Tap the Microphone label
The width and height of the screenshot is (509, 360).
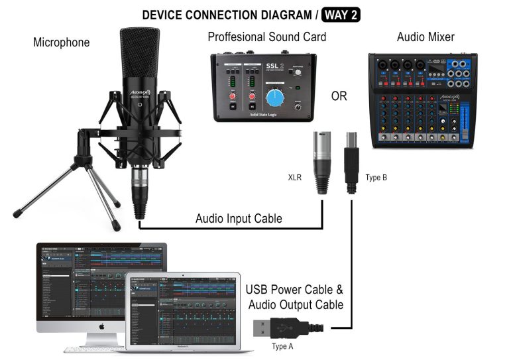[x=61, y=43]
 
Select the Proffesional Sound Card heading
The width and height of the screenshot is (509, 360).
[x=266, y=36]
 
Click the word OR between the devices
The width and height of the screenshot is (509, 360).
[x=339, y=96]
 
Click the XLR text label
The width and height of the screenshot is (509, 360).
[x=296, y=178]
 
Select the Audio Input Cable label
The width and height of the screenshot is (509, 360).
[x=239, y=218]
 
